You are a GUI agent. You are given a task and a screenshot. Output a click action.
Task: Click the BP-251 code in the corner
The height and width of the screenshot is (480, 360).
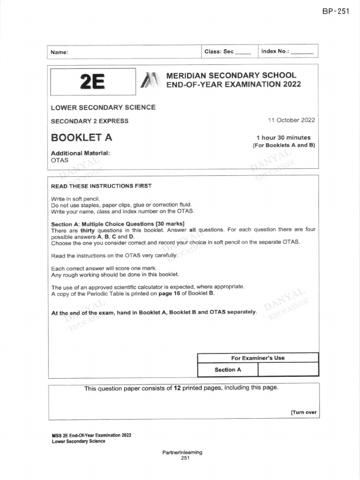(x=336, y=12)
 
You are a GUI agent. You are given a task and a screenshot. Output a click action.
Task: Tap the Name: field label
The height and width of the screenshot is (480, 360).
(x=59, y=52)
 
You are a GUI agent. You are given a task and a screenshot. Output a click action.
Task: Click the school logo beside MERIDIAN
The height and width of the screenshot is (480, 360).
(x=149, y=80)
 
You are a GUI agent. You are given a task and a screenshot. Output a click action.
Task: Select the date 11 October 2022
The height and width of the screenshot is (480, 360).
(x=291, y=120)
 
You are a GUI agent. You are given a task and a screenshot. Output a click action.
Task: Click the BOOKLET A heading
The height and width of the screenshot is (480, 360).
(x=81, y=138)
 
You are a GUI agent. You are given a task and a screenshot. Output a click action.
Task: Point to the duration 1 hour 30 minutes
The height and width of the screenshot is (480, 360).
(x=283, y=137)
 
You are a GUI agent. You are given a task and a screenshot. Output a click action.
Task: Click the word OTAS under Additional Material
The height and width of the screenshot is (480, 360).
(x=59, y=160)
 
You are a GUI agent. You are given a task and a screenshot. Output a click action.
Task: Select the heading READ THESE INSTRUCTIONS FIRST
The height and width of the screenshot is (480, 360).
(x=101, y=186)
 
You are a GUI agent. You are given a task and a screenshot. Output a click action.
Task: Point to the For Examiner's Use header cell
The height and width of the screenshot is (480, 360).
(x=257, y=358)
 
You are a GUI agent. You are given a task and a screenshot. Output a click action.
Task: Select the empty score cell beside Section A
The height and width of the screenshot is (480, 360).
(x=288, y=370)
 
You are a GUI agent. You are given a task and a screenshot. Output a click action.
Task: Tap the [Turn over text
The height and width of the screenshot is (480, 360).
(x=304, y=412)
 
